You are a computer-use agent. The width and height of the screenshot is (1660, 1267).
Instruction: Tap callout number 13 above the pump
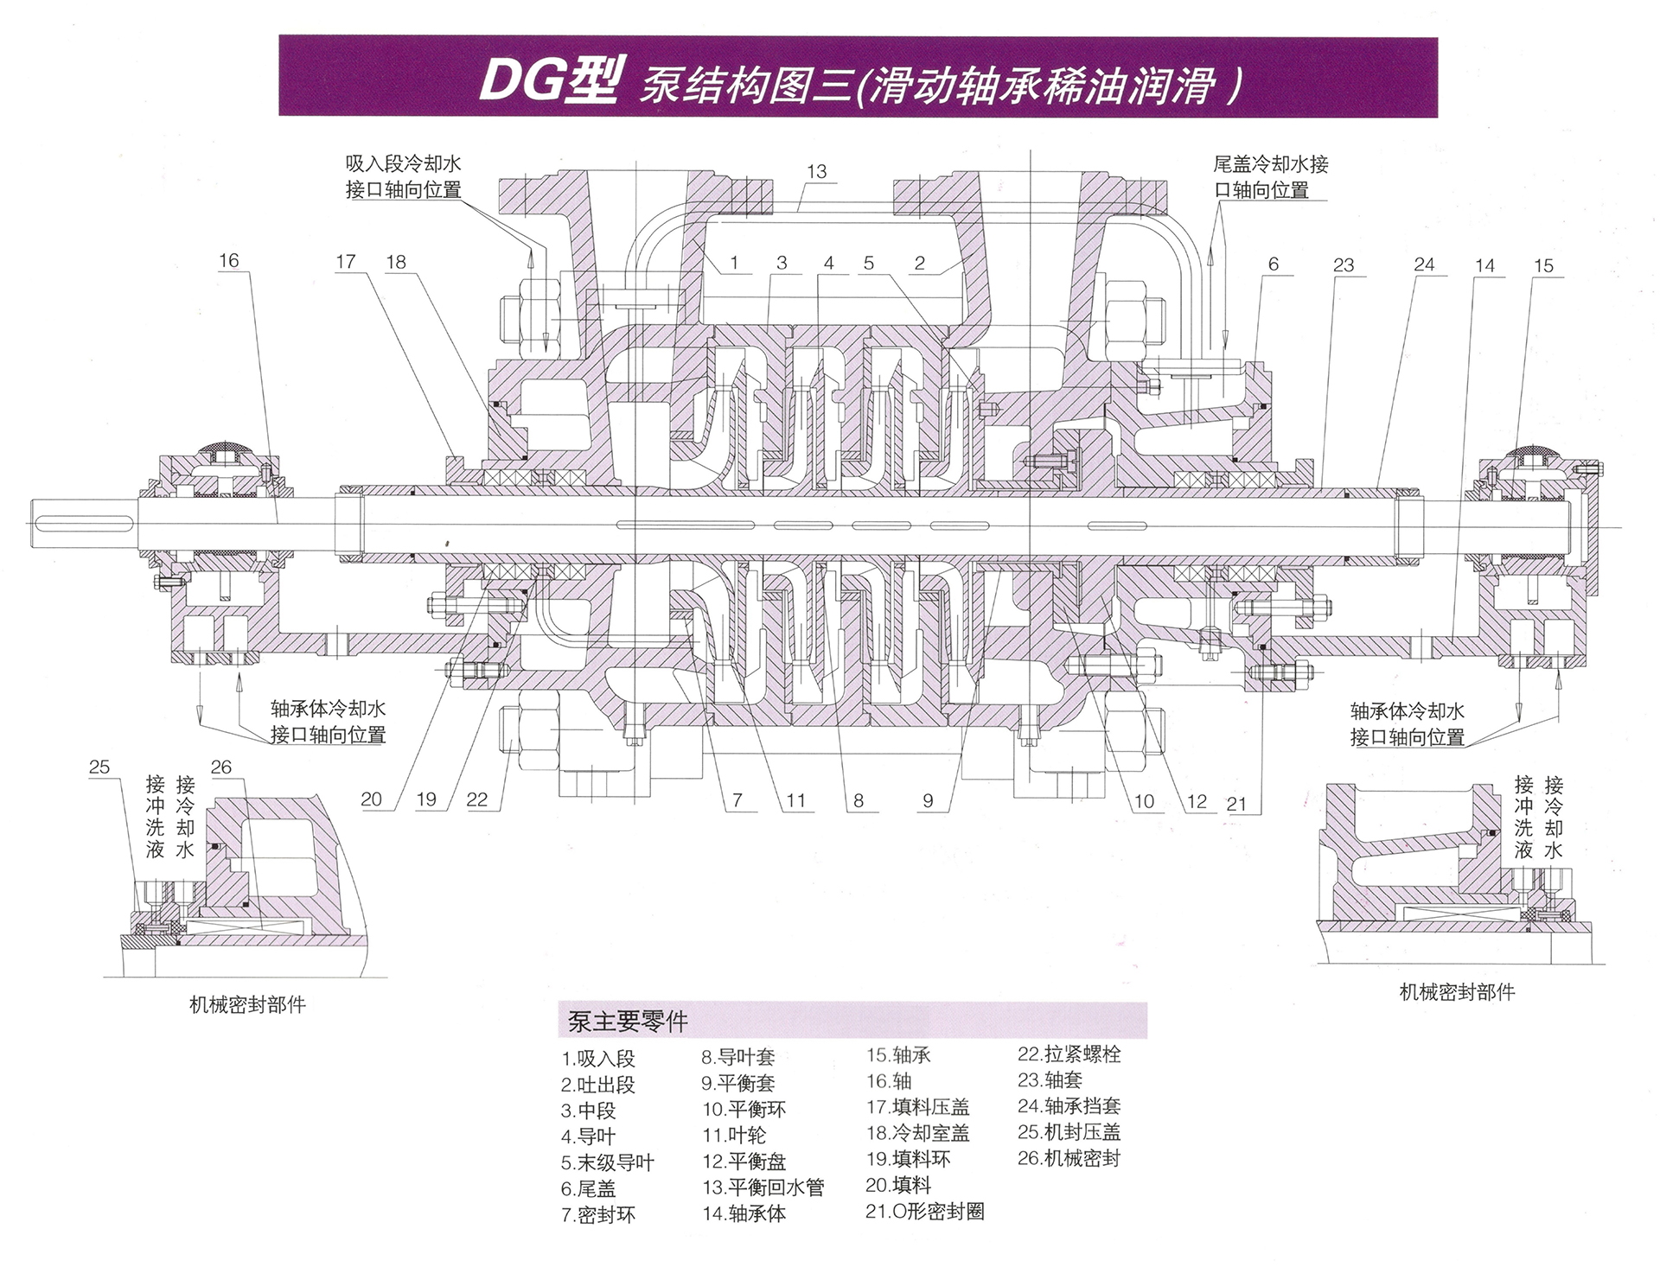tap(816, 171)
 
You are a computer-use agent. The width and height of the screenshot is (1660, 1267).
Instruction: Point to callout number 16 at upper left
tap(228, 260)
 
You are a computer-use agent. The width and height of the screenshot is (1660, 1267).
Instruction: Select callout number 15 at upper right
tap(1543, 265)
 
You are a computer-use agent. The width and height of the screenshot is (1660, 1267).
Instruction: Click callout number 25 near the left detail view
tap(99, 767)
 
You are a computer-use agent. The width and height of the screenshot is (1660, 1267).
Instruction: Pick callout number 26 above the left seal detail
tap(221, 767)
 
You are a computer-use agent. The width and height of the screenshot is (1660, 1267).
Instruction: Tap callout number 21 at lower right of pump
tap(1236, 804)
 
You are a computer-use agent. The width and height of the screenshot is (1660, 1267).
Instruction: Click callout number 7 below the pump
tap(737, 800)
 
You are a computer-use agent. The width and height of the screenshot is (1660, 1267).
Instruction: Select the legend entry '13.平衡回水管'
tap(763, 1187)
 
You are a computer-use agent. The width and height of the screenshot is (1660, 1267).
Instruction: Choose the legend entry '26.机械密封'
tap(1069, 1158)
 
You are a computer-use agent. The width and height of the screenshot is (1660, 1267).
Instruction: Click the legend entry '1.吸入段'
tap(597, 1058)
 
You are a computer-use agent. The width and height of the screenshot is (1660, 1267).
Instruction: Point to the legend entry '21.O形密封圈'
tap(924, 1212)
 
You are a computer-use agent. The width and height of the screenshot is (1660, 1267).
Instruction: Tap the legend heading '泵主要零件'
tap(628, 1022)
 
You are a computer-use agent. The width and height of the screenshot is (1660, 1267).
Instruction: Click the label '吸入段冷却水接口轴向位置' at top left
tap(403, 176)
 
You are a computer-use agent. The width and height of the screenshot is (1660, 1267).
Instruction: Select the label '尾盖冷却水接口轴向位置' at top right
tap(1270, 176)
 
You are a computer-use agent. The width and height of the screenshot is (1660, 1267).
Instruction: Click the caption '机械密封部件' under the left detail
tap(247, 1004)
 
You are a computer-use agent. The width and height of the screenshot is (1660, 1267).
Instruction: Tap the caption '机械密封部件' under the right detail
tap(1457, 992)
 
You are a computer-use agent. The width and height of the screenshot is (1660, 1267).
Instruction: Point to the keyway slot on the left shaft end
tap(84, 522)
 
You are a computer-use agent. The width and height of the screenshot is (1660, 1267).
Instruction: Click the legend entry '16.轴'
tap(889, 1080)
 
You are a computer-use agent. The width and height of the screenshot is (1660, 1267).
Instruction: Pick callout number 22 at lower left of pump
tap(476, 799)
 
